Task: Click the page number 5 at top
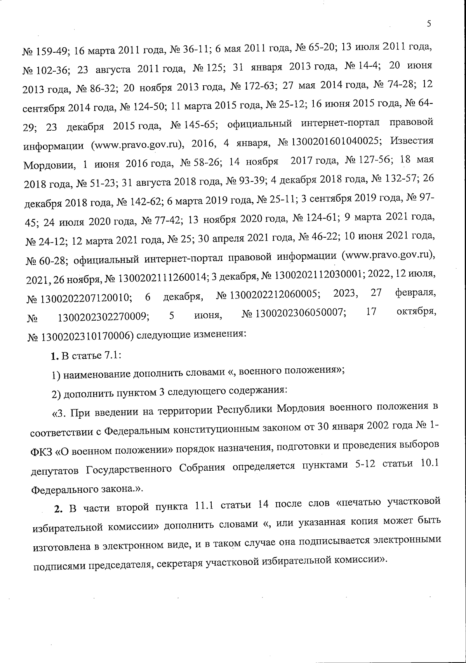click(x=429, y=24)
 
